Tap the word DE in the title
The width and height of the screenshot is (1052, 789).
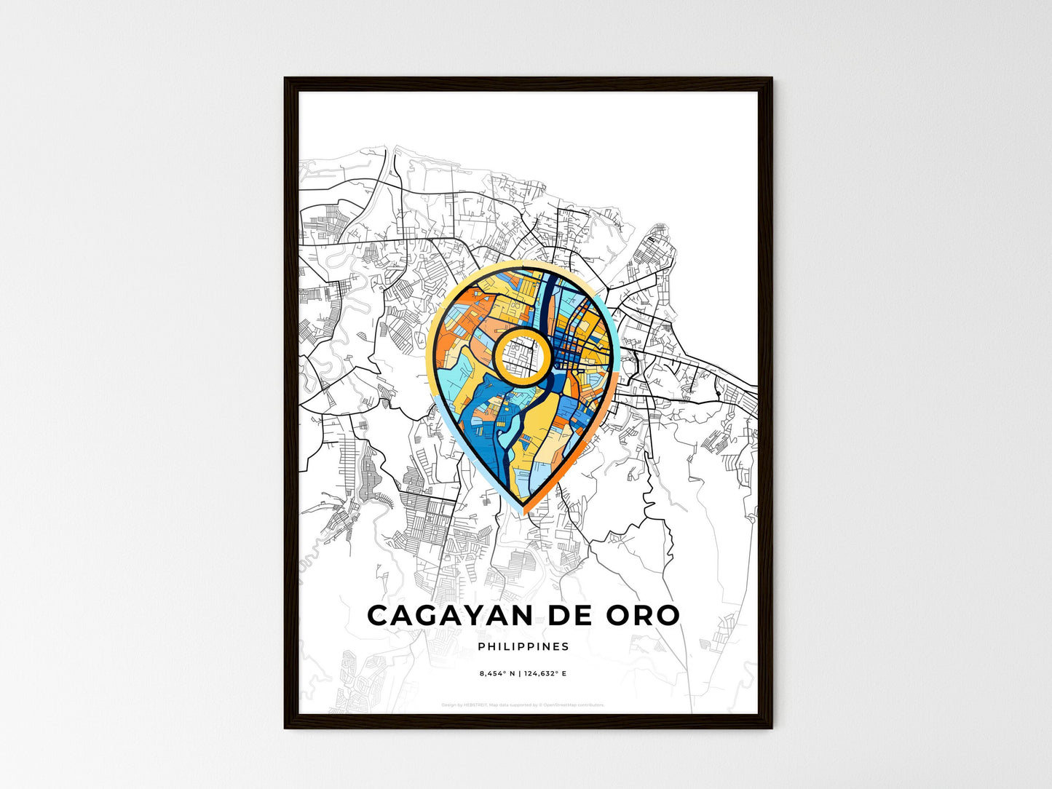click(x=571, y=615)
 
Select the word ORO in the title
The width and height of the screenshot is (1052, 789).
click(x=643, y=615)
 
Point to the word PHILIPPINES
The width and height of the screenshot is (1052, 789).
click(x=523, y=646)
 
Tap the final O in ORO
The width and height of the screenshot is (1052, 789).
click(x=666, y=615)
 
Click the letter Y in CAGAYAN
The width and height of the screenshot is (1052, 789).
click(x=475, y=615)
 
